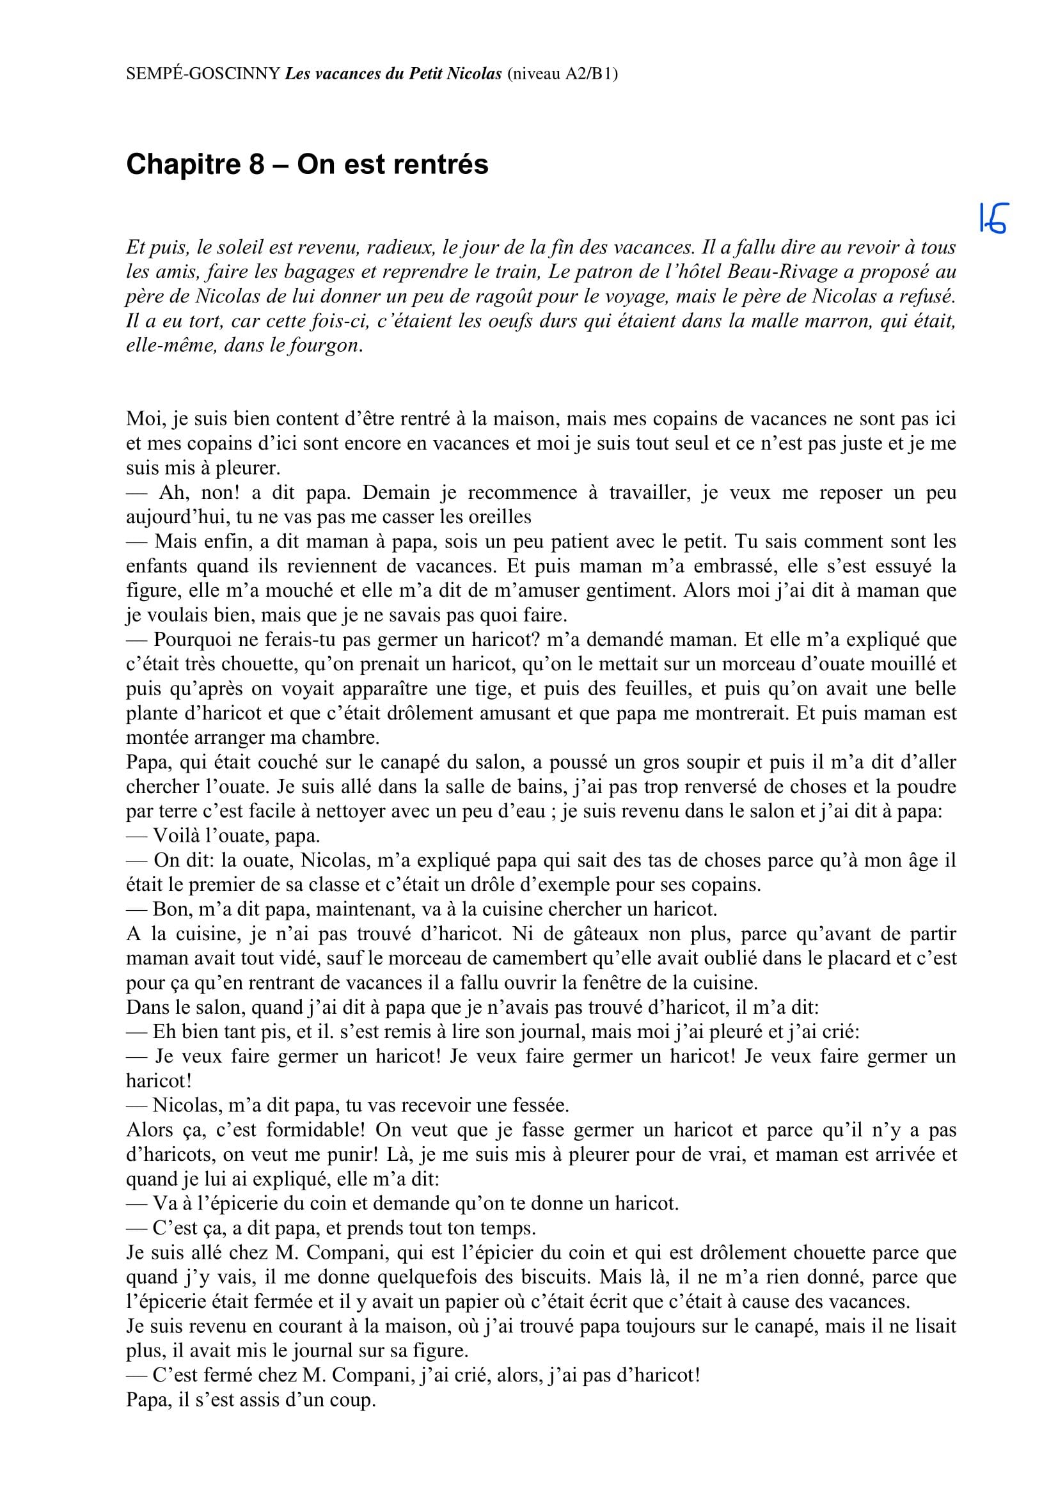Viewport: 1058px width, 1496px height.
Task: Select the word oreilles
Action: [x=499, y=517]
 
